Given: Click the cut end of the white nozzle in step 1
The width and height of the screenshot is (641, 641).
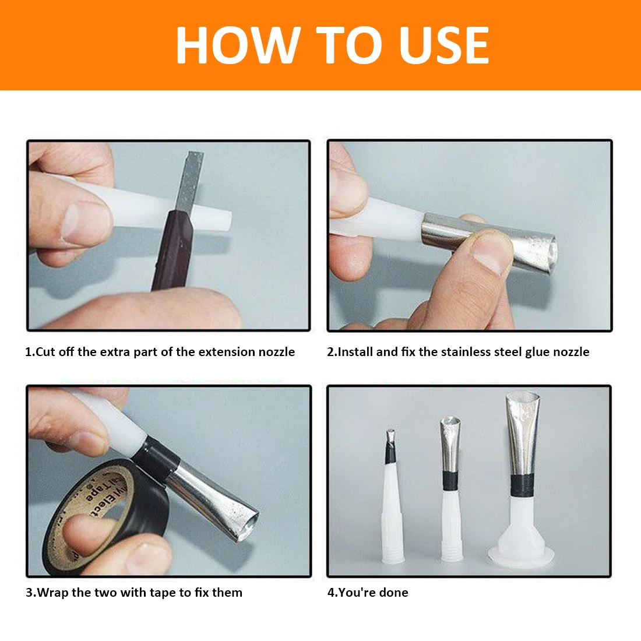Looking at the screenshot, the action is coord(227,221).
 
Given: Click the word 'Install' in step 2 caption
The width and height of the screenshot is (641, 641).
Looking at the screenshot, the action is coord(355,352).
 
